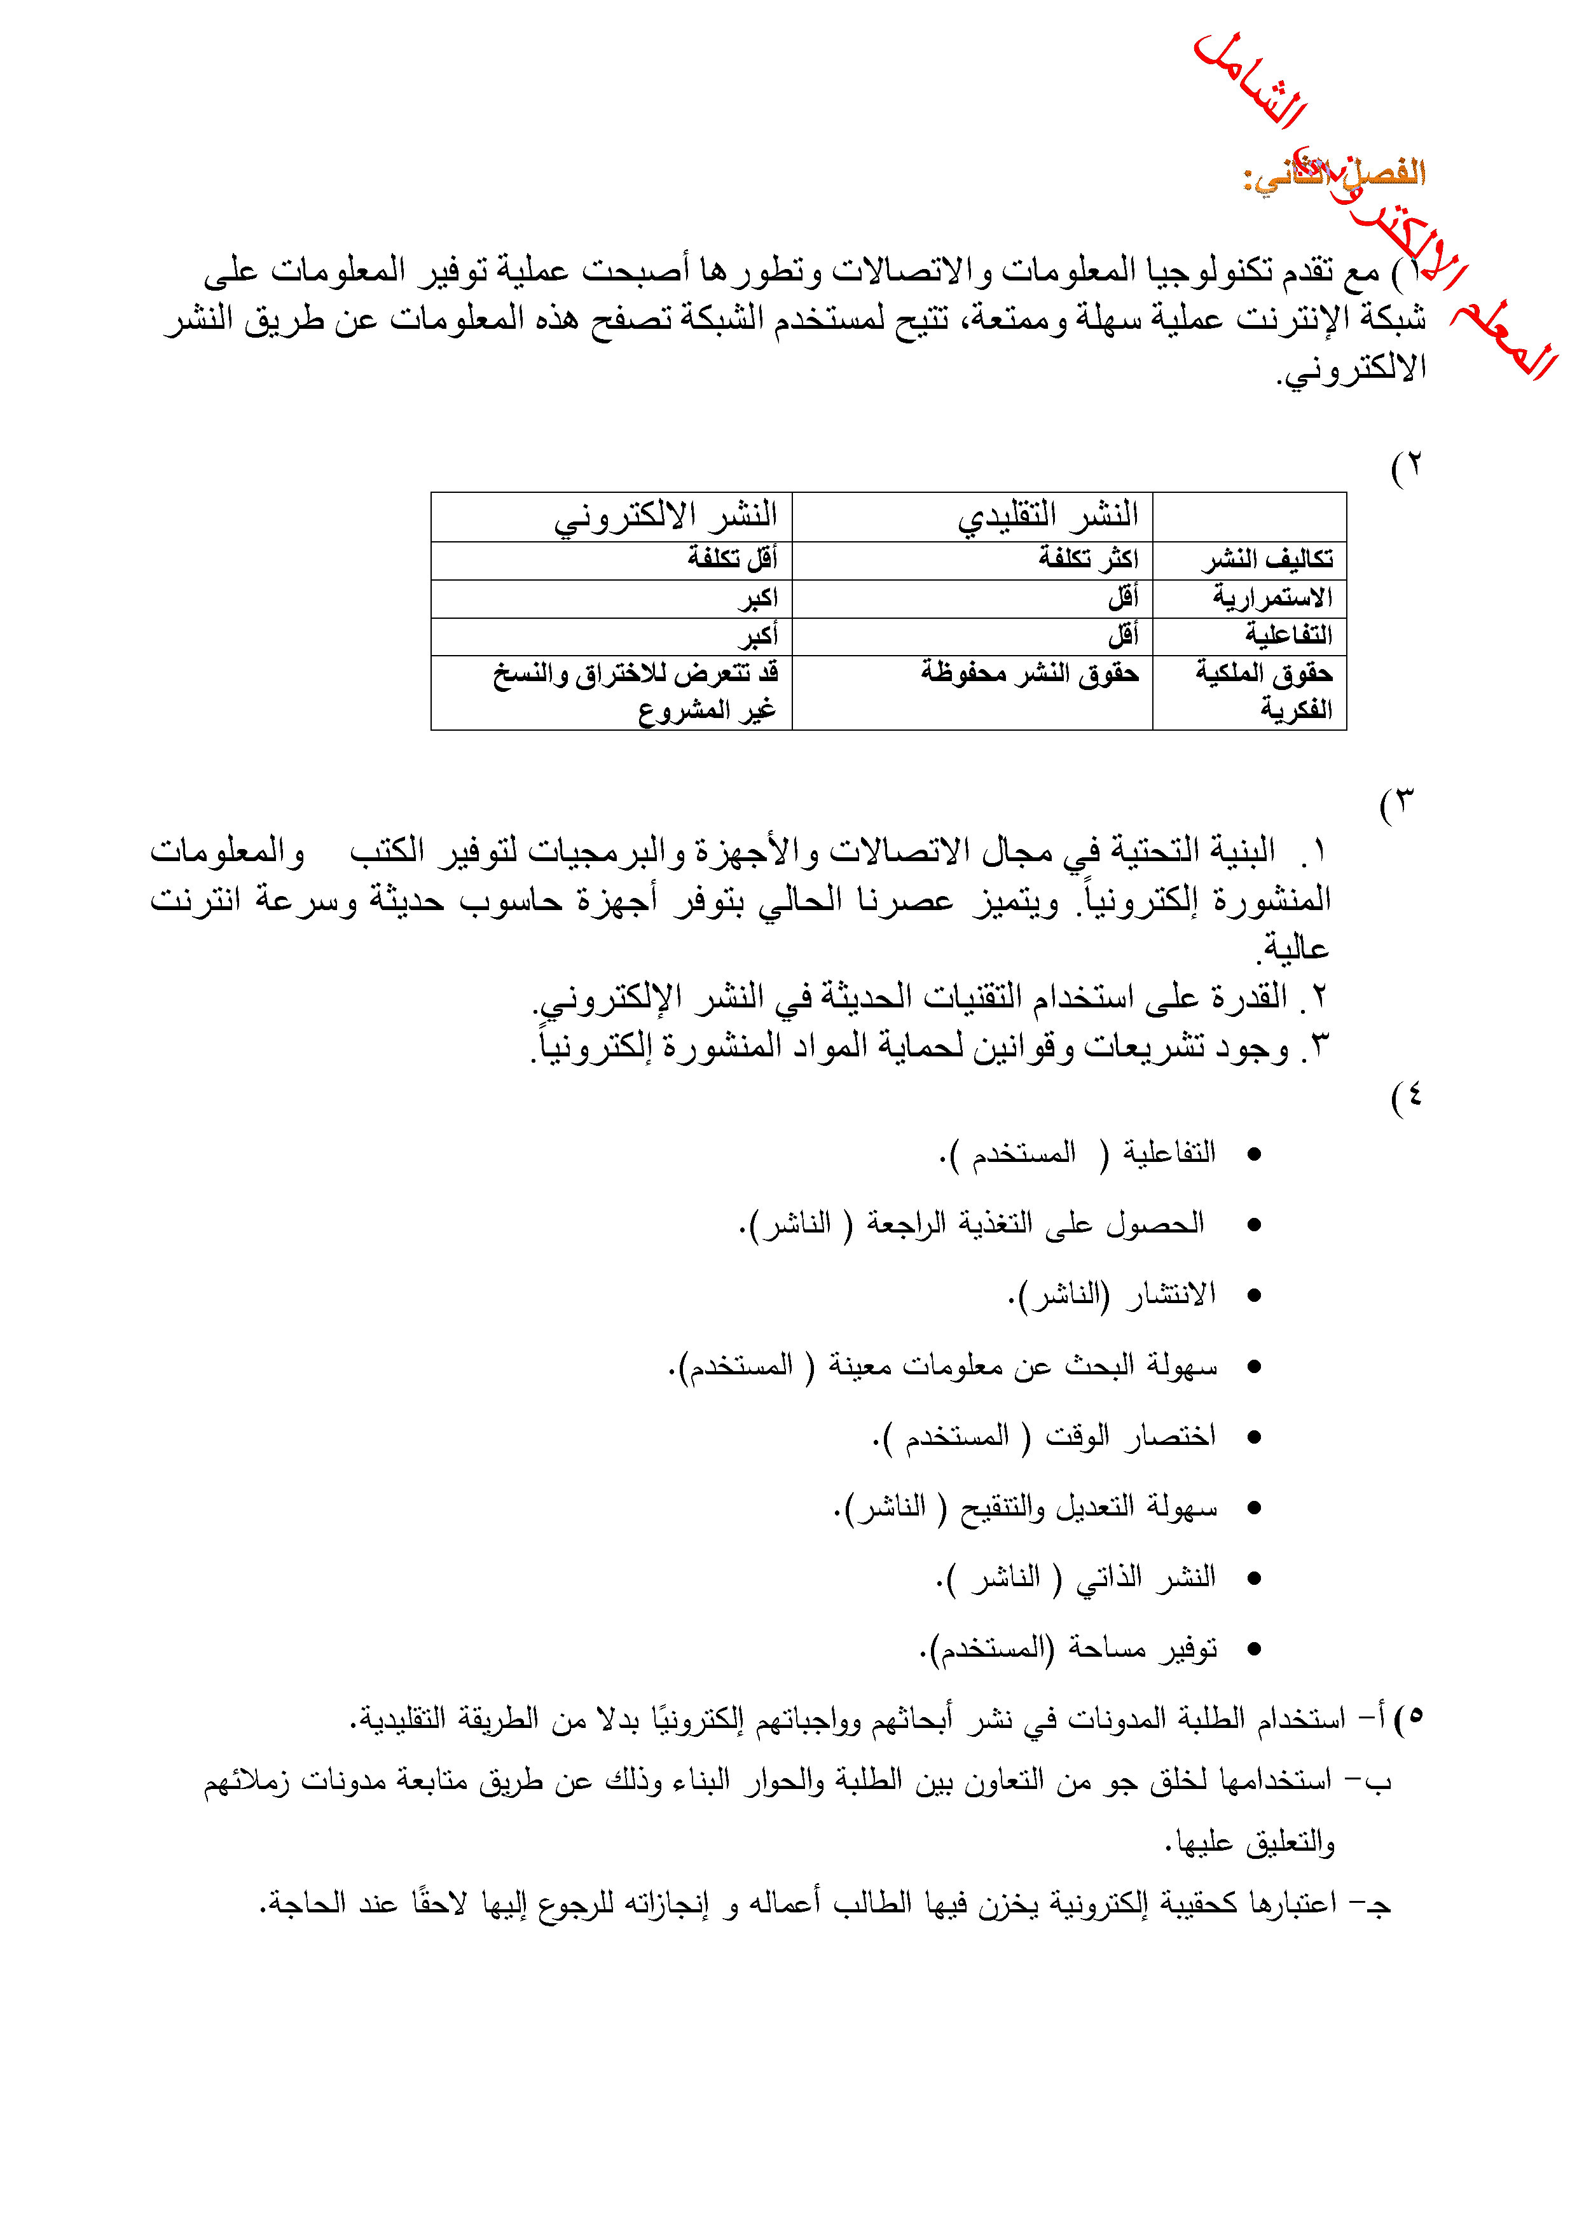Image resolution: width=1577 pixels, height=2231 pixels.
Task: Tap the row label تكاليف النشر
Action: [x=1268, y=560]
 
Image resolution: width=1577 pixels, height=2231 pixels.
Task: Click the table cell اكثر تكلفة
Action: [x=1087, y=559]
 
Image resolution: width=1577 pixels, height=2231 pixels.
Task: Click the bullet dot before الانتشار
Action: [x=1253, y=1296]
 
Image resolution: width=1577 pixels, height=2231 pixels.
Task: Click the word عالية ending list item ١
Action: [x=1295, y=948]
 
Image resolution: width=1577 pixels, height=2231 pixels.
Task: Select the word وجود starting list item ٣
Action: [x=1258, y=1047]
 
